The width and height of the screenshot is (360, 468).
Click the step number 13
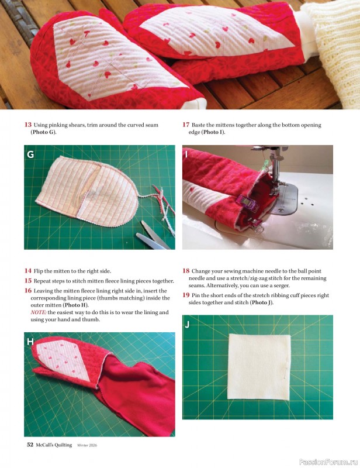click(28, 125)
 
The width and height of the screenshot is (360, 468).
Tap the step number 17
click(186, 125)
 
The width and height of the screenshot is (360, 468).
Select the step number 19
click(186, 295)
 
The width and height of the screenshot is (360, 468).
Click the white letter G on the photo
click(30, 154)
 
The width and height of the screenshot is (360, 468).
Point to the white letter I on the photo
click(186, 154)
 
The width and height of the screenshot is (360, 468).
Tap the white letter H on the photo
click(30, 342)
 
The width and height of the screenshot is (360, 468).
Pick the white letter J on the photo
click(187, 325)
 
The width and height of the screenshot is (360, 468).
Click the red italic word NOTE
click(38, 312)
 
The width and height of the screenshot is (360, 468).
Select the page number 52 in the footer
click(30, 445)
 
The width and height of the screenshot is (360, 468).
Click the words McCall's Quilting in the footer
click(54, 445)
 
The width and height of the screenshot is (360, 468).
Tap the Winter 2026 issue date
click(87, 445)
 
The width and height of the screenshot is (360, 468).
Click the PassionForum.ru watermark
click(328, 462)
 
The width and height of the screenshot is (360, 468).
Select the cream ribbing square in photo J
click(258, 367)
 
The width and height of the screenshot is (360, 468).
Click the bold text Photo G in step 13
click(43, 132)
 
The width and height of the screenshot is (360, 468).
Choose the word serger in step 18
click(281, 285)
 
